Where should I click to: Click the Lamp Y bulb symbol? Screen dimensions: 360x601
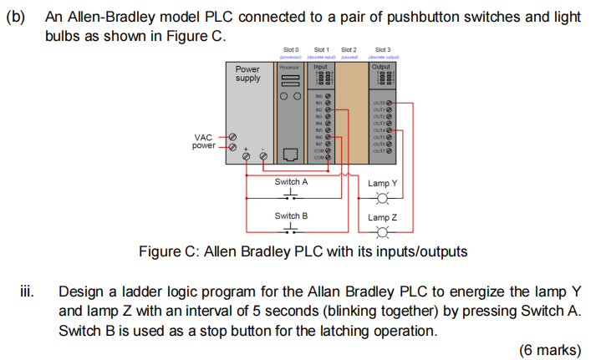384,199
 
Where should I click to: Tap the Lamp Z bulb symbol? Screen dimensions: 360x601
384,232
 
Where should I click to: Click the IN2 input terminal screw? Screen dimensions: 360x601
328,109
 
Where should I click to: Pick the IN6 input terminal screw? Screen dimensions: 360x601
328,136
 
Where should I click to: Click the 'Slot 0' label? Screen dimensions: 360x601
290,50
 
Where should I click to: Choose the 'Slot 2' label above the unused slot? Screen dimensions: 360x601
349,50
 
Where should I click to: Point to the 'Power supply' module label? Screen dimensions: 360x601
247,74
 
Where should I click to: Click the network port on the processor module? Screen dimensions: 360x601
290,154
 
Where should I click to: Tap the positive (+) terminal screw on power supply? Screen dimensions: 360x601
247,156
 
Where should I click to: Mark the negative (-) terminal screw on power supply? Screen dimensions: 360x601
264,156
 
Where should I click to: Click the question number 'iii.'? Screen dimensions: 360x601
28,293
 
